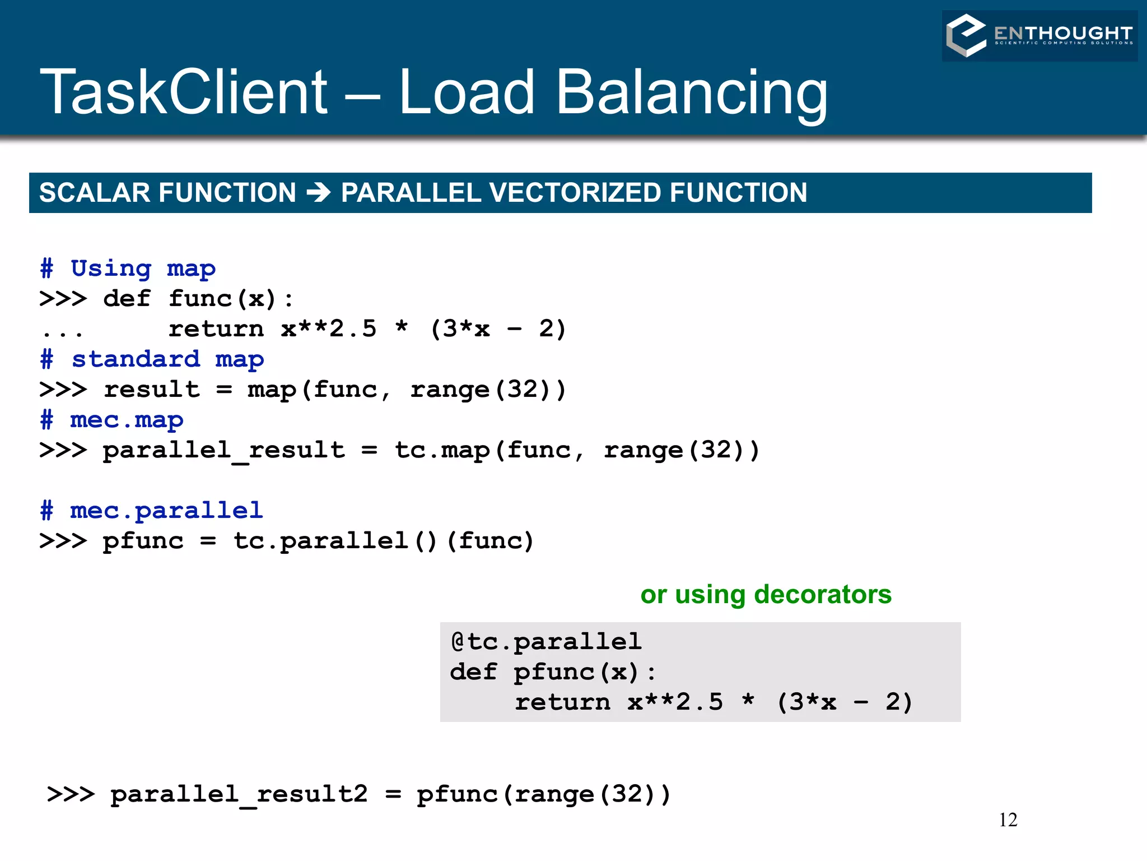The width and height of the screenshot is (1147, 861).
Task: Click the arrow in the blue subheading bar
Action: click(319, 193)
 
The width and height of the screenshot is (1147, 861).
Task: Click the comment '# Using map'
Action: click(128, 269)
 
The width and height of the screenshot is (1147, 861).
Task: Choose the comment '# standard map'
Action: click(152, 359)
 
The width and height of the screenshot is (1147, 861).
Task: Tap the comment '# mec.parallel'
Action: click(151, 511)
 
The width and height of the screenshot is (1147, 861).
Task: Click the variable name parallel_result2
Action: click(239, 794)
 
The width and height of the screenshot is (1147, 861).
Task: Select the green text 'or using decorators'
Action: click(766, 594)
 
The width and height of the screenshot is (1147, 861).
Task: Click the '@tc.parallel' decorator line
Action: click(546, 642)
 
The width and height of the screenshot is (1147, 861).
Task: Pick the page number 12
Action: click(1008, 820)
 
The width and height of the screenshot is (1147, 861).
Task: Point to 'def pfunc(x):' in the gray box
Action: click(553, 672)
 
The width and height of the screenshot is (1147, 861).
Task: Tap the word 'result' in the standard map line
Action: click(152, 390)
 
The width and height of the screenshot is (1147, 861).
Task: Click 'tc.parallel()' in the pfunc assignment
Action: click(335, 541)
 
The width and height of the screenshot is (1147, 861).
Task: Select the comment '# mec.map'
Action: click(111, 420)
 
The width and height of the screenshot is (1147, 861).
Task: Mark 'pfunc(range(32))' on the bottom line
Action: click(543, 794)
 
